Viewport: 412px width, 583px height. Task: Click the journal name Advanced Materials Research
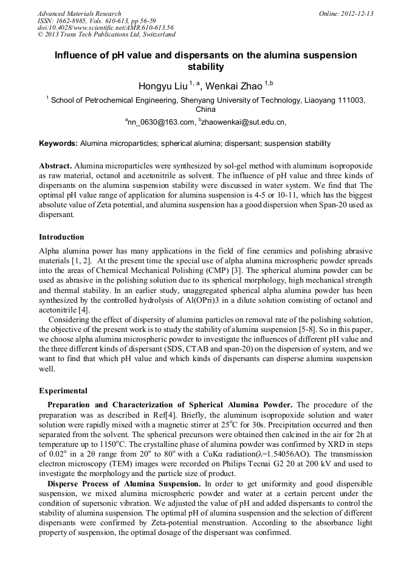[79, 13]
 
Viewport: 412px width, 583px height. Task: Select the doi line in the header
[105, 27]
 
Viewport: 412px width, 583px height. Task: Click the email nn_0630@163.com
[161, 122]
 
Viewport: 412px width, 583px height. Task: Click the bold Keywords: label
[58, 143]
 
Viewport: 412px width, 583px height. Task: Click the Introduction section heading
[61, 236]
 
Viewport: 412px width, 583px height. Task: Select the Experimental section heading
[63, 391]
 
